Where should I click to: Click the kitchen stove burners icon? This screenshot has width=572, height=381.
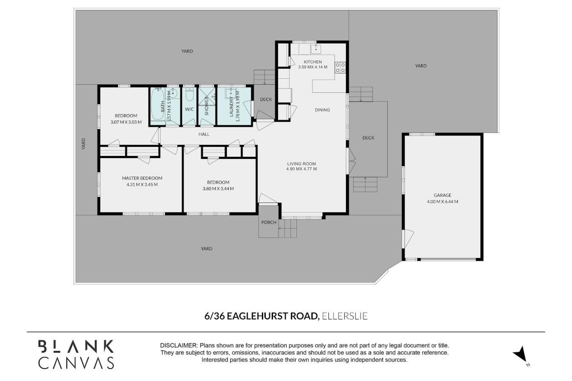tap(340, 67)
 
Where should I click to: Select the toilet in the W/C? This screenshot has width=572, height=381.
tap(189, 94)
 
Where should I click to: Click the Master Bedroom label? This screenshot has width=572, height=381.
tap(142, 178)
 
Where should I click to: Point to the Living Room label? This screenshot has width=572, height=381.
tap(301, 164)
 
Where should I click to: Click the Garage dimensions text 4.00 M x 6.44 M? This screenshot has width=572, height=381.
tap(442, 202)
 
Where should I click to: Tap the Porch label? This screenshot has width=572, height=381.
tap(269, 222)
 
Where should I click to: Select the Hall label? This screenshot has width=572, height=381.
tap(204, 134)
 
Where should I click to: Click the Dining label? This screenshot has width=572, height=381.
tap(322, 110)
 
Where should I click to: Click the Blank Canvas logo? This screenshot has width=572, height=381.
tap(76, 354)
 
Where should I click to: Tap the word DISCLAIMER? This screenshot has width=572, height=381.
tap(178, 346)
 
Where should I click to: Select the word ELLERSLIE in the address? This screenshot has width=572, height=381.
tap(345, 316)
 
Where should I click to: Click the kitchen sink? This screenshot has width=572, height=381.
tap(316, 49)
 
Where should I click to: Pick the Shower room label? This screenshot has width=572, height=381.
tap(207, 106)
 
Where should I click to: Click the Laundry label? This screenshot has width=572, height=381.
tap(231, 106)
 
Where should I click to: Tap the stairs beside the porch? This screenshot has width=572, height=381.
tap(287, 229)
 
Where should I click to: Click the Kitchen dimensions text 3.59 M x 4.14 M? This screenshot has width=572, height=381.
tap(313, 67)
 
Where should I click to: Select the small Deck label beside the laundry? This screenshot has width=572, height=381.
tap(266, 99)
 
